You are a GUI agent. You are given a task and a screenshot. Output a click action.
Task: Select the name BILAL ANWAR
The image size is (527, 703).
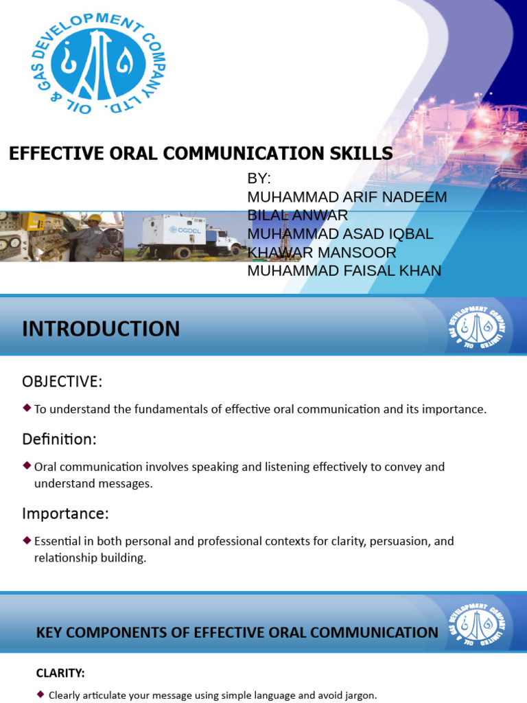pos(297,215)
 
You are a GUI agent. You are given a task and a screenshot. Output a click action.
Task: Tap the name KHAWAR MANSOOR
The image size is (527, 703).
pos(321,252)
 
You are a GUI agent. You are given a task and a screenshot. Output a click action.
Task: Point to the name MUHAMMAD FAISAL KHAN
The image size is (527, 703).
pos(344,270)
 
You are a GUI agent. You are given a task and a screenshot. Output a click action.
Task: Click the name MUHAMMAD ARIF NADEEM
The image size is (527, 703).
pos(347,197)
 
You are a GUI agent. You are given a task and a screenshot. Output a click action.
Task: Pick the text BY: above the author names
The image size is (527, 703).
pos(259,178)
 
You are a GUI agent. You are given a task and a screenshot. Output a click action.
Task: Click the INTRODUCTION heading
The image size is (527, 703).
pos(101,329)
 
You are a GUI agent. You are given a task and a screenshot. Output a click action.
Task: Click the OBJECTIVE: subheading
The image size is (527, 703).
pos(62,381)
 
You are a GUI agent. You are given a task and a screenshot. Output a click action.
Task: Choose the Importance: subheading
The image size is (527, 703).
pos(65,513)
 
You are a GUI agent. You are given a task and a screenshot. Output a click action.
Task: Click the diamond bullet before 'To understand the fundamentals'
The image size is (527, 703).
pos(27,408)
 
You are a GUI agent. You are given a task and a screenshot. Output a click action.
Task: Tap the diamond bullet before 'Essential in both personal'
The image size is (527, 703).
pos(27,540)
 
